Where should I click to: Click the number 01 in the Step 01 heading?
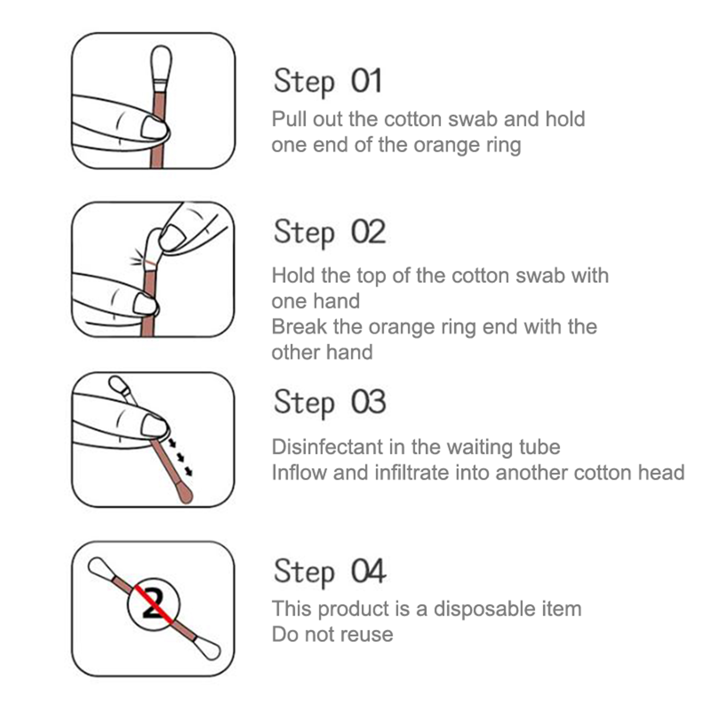367,81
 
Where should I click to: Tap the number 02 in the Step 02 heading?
368,232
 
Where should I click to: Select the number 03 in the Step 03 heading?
368,402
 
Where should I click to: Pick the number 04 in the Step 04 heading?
368,571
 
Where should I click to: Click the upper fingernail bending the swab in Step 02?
171,237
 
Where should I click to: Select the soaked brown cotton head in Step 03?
186,493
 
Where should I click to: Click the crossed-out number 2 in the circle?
153,604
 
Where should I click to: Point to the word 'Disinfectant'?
327,447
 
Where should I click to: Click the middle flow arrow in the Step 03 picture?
180,457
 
